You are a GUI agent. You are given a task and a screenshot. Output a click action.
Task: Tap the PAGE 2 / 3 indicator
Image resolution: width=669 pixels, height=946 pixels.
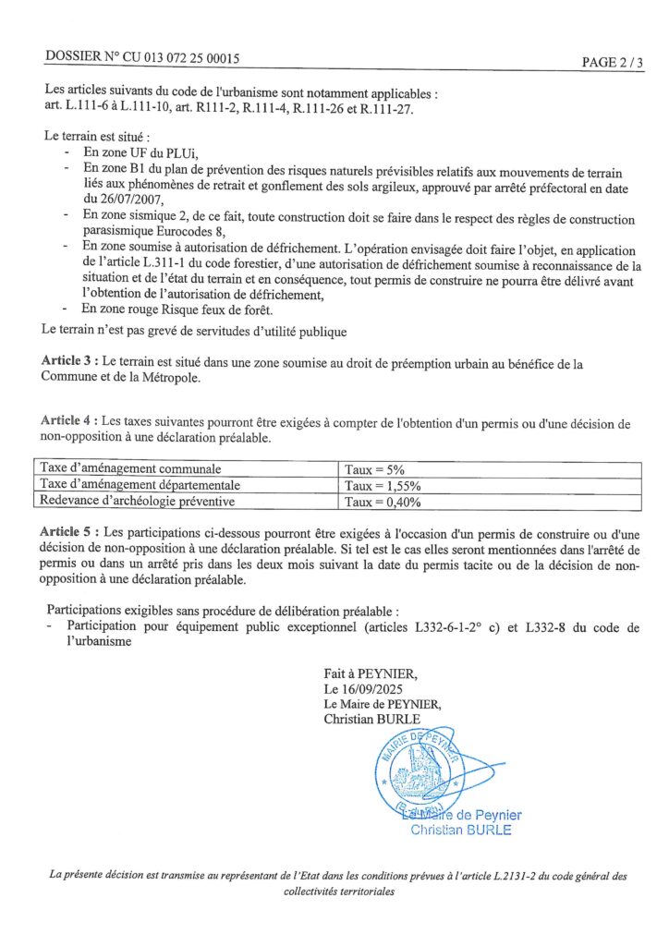pos(612,62)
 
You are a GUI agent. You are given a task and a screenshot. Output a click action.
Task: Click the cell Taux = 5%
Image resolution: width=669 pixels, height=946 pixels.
pos(375,470)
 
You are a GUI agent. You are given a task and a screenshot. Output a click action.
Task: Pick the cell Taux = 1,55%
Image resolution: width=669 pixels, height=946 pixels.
pos(383,486)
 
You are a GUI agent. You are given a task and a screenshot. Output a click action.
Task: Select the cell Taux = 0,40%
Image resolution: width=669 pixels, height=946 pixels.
pos(383,503)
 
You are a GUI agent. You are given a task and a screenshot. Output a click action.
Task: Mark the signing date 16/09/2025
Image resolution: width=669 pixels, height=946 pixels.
pos(371,689)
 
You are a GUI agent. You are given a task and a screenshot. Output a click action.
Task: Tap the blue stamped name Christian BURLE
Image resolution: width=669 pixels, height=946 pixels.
pos(460,830)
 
